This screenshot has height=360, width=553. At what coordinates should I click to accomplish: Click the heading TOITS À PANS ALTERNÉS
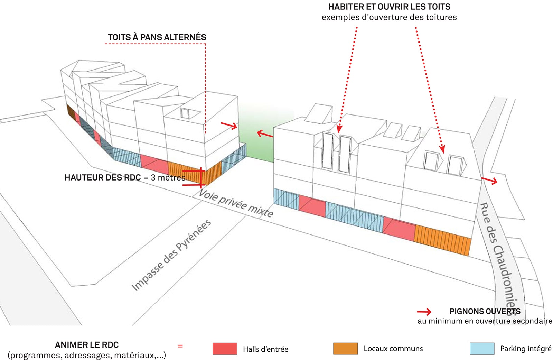pos(157,37)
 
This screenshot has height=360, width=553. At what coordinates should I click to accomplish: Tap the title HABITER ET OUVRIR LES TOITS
pos(389,7)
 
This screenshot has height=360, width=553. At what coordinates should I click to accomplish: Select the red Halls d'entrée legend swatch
pos(225,349)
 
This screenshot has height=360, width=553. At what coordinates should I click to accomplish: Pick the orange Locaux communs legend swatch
pos(345,349)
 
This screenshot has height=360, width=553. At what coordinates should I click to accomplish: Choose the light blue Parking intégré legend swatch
pos(482,349)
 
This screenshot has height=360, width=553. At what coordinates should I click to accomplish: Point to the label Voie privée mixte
pos(236,203)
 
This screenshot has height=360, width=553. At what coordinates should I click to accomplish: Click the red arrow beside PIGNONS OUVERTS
pos(424,312)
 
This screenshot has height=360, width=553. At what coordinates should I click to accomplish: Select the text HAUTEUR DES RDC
pos(103,178)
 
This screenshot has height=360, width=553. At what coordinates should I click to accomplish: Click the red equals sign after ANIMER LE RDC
pos(180,346)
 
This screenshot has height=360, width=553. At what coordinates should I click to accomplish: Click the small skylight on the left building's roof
pos(185,113)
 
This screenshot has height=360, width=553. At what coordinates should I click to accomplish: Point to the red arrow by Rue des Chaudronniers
pos(489,180)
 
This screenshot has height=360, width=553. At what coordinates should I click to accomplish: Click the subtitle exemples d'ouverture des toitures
pos(389,17)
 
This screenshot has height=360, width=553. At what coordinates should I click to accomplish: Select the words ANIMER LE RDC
pos(87,345)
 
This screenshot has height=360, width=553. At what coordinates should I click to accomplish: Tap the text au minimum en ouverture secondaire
pos(485,321)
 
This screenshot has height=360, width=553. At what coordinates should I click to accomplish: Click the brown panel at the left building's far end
pos(71,111)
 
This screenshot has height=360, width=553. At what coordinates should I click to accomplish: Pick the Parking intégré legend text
pos(525,349)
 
